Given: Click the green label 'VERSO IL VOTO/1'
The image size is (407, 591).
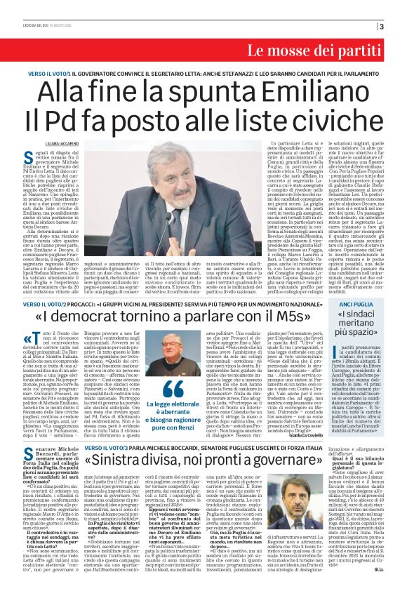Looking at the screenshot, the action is [49, 73].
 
